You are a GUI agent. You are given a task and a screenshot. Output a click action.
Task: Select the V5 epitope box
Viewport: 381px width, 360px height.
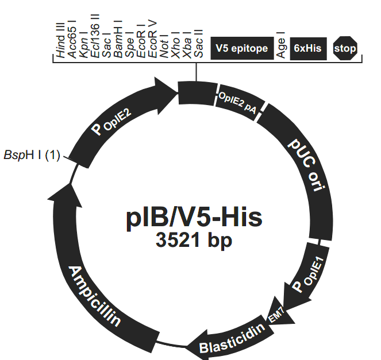click(241, 48)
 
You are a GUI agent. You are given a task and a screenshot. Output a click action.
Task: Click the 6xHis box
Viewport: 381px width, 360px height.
click(307, 48)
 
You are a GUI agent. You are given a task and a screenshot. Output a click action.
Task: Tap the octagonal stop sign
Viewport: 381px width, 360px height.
click(345, 48)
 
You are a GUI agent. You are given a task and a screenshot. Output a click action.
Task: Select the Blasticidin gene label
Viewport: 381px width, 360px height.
click(233, 339)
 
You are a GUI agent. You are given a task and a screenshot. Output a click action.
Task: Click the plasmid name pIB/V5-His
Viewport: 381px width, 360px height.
click(194, 217)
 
